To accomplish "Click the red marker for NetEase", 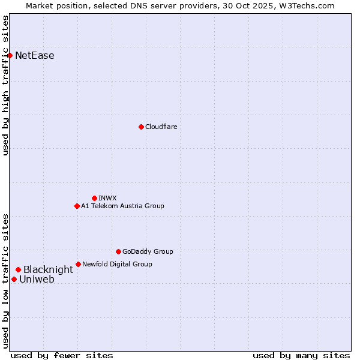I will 10,56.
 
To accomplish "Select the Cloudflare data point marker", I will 141,127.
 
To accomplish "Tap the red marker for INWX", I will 94,198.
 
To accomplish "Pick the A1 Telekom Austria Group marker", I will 77,206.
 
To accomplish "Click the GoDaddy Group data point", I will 118,251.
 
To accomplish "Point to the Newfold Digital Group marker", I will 78,264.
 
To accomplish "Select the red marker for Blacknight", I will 18,270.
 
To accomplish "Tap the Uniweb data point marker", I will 14,279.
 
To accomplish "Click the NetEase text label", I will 35,56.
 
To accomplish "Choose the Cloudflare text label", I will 161,127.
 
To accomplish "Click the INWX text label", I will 108,198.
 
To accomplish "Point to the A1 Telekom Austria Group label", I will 122,206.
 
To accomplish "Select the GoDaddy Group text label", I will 148,251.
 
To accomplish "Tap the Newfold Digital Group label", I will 117,264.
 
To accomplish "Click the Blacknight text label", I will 48,270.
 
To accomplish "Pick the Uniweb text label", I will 37,279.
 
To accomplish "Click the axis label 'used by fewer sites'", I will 62,355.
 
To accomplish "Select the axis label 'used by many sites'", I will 301,355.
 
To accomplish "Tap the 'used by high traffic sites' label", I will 6,85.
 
